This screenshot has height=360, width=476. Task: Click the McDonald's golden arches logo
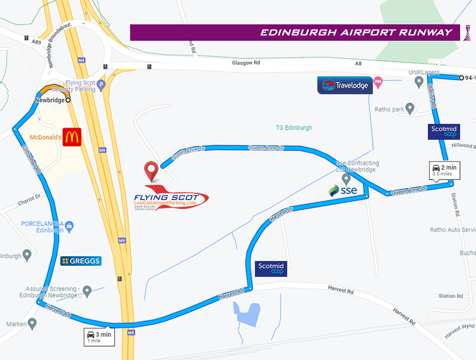coord(71,137)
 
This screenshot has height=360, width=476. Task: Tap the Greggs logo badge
coord(80,261)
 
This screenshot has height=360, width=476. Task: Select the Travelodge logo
coord(345,85)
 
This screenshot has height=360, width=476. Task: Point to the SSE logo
coord(343,190)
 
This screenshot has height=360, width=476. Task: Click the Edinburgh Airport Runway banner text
coord(356,33)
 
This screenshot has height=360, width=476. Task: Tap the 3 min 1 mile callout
coord(100,336)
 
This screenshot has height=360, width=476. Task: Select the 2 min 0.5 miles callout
coord(444,170)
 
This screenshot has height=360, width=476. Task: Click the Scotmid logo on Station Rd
coord(444,131)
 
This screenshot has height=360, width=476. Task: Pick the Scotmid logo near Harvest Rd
coord(271,268)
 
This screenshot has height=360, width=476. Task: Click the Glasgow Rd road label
coord(246,62)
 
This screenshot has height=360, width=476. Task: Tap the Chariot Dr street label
coord(29,199)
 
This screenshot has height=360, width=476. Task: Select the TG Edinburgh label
coord(294,128)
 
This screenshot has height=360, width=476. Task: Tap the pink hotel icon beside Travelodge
coord(378,82)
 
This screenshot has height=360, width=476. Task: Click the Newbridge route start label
coord(49,100)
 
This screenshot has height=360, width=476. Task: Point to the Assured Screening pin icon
coord(87,290)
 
